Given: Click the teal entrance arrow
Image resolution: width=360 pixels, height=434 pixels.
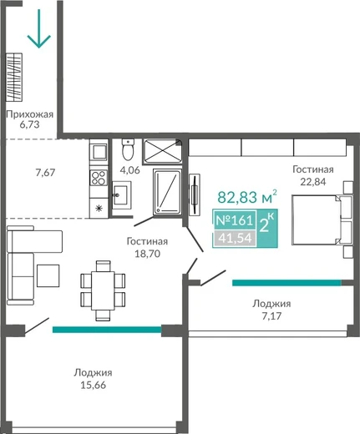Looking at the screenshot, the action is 39,28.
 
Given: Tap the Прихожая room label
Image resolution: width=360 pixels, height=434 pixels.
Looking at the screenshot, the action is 30,114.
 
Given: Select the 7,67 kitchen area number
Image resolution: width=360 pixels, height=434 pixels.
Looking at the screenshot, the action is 45,173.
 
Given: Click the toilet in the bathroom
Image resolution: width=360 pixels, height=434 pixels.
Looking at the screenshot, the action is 128,149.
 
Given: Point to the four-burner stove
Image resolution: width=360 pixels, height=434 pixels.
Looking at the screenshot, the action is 99,178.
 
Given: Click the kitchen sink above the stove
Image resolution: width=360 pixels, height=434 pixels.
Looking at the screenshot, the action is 99,152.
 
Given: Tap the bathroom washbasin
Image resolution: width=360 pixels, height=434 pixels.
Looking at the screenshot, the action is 122,195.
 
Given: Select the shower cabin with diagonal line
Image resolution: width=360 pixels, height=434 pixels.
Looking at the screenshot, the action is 167,192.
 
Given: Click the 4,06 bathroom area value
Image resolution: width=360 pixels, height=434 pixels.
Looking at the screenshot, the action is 129,170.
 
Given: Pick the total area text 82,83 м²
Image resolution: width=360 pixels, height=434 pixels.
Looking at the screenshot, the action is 247,197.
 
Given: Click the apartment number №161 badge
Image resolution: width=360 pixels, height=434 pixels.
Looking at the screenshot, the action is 235,220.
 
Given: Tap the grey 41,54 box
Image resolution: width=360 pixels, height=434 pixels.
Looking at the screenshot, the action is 235,238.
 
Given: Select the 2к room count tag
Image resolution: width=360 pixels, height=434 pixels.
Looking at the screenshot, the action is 266,224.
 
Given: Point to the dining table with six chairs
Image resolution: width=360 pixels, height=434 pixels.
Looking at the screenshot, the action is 103,290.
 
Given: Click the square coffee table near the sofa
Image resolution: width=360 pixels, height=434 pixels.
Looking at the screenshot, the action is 48,275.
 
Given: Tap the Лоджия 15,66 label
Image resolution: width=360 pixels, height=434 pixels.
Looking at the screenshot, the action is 93,379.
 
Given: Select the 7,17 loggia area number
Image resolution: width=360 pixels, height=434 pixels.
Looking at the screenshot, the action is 271,316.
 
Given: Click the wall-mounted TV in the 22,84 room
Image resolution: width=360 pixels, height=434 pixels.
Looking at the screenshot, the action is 195,194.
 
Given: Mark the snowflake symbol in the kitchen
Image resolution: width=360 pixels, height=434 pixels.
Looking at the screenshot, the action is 99,208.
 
